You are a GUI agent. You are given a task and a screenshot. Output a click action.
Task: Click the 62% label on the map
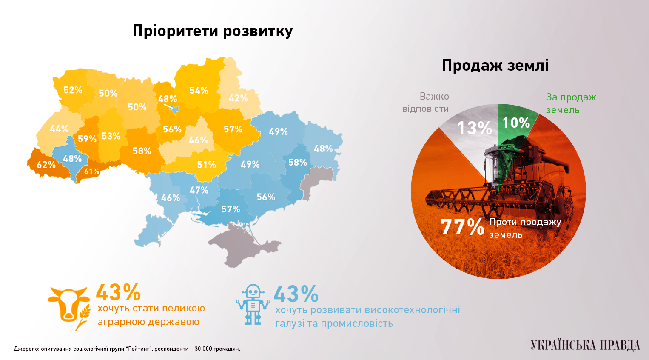point(46,165)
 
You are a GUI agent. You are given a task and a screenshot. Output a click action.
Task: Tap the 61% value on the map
point(91,171)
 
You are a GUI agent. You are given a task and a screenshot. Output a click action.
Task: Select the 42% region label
point(238,98)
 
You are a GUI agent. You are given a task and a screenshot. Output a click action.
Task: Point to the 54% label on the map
point(199,91)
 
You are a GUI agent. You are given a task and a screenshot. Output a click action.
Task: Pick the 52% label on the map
point(73,90)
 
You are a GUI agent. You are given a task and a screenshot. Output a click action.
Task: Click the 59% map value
point(87,139)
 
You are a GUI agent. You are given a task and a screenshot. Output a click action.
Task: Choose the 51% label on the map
point(206,165)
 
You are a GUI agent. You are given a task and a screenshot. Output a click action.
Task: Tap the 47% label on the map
point(199,190)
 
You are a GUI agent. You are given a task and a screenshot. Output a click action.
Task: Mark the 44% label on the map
point(59,129)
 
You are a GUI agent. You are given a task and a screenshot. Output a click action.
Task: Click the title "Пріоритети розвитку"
point(213,31)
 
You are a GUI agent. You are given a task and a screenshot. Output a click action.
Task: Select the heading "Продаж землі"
point(495,65)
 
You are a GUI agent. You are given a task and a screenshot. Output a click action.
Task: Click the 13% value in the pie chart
point(474,128)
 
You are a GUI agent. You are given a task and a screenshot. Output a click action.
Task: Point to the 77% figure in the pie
point(462,227)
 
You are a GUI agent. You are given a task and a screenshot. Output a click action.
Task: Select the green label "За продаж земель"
point(571,103)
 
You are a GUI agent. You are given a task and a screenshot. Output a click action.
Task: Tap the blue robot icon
point(253,305)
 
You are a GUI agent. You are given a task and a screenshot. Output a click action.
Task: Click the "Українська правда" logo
point(585,345)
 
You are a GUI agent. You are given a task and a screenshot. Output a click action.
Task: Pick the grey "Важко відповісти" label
point(426,103)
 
